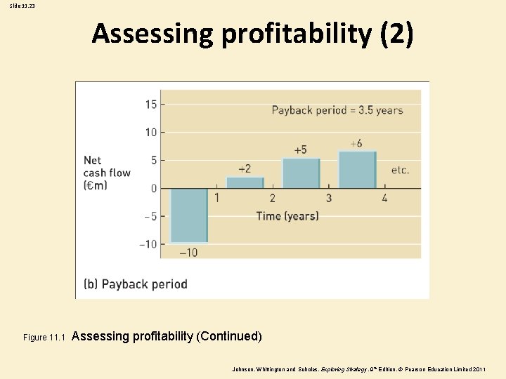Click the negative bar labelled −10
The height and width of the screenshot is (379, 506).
(188, 215)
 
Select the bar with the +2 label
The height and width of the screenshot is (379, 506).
(245, 182)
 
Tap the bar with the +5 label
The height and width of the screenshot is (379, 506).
(301, 173)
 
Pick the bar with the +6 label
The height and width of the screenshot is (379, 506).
(357, 170)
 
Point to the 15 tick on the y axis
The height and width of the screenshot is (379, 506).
(151, 105)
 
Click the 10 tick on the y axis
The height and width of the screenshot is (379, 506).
(151, 133)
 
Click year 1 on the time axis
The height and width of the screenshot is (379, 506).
(216, 199)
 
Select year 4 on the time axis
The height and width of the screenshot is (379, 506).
(384, 199)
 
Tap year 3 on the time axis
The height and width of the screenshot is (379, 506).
(328, 199)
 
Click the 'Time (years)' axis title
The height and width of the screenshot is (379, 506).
(287, 215)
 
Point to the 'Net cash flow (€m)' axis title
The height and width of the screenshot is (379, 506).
(106, 173)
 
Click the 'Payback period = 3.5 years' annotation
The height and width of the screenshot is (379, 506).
(337, 110)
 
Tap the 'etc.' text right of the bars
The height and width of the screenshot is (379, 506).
(400, 170)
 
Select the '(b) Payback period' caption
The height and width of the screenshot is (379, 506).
(136, 284)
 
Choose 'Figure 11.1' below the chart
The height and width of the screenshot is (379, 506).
(44, 338)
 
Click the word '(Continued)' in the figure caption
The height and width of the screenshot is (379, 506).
(230, 336)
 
